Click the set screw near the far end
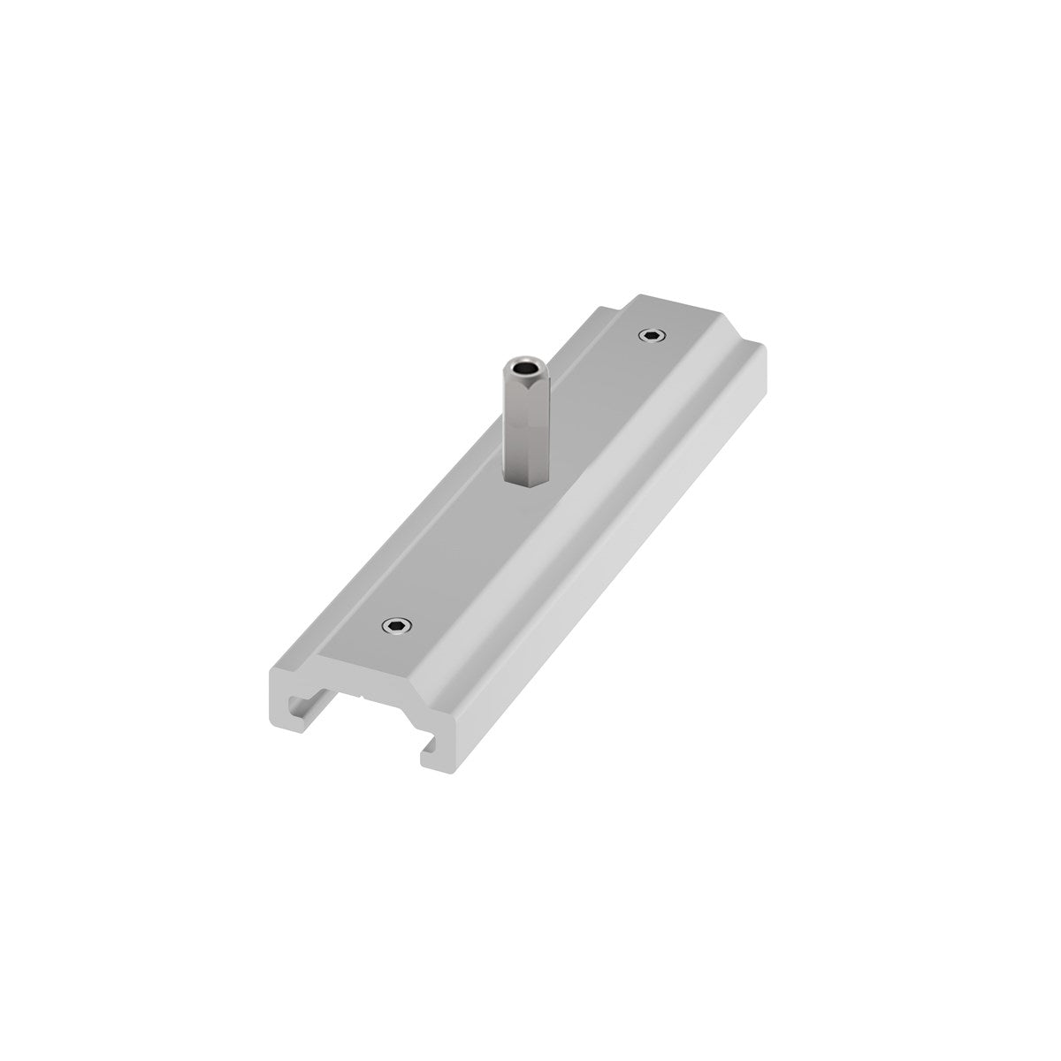tap(653, 335)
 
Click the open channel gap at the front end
tap(363, 716)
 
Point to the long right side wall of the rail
tap(610, 575)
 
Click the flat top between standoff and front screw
tap(460, 548)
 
